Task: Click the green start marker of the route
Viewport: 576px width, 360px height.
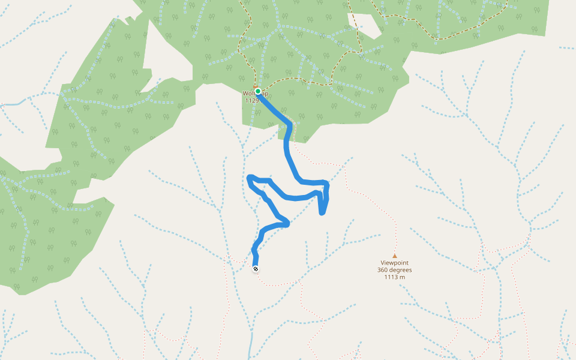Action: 258,92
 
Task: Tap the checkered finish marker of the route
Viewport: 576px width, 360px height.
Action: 256,269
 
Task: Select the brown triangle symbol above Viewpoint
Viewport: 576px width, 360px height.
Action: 395,256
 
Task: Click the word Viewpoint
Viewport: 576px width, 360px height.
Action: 395,263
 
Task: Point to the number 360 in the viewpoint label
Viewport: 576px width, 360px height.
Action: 384,270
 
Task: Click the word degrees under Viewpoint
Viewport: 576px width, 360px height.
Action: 401,270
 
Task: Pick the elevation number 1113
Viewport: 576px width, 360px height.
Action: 391,277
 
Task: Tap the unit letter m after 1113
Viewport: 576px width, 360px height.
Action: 403,277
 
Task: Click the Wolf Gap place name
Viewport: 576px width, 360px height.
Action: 250,94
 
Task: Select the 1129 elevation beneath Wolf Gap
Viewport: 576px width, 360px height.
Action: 252,101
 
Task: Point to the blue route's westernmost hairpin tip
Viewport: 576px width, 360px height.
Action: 249,178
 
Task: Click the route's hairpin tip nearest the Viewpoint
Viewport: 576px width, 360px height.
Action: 322,212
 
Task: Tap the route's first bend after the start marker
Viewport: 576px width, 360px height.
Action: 290,125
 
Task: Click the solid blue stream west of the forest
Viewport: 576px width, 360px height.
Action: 11,104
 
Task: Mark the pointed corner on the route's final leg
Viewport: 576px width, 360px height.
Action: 288,224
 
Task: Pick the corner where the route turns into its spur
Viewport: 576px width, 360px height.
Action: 325,182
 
